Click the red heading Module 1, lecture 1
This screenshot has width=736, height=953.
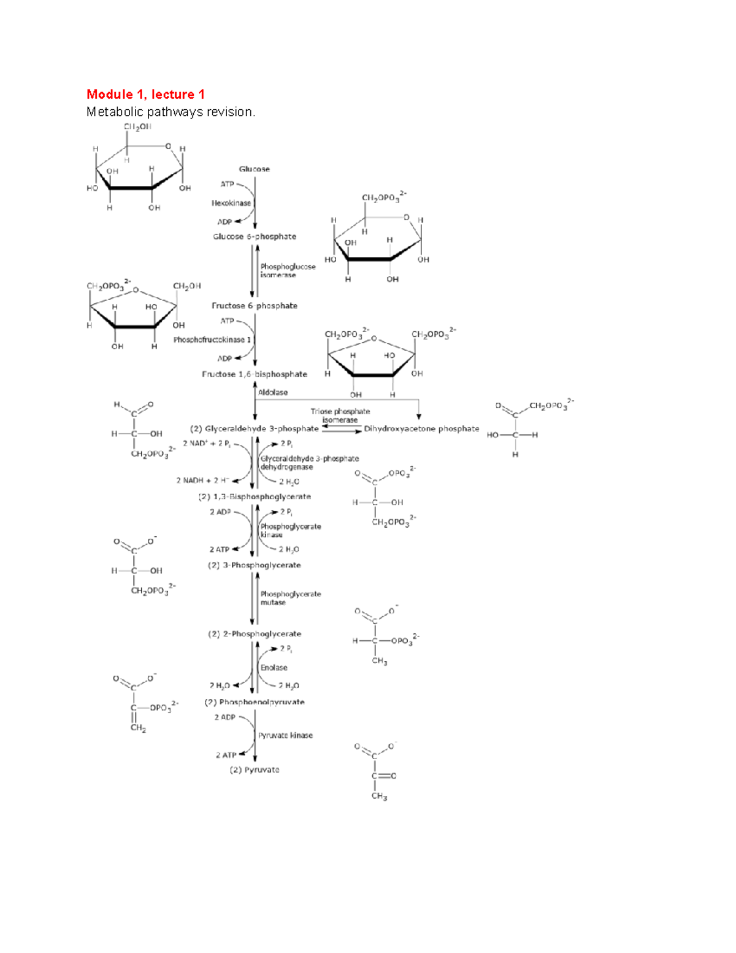tap(145, 95)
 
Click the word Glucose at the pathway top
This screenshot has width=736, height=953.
tap(254, 169)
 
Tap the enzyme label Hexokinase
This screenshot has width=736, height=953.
tap(231, 203)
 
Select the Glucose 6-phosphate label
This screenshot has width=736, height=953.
tap(255, 237)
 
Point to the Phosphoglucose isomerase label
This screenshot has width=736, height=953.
tap(288, 271)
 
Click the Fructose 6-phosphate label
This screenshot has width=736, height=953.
tap(255, 306)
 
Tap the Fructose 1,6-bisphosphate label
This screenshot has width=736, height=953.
tap(255, 374)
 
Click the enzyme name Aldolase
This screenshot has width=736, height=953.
tap(273, 393)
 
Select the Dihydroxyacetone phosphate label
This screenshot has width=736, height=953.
tap(421, 429)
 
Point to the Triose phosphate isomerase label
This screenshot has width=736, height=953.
tap(340, 416)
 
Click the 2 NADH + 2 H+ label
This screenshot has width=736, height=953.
tap(203, 481)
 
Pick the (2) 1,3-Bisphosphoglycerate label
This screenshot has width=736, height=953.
tap(255, 497)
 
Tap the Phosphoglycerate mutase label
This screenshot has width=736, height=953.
tap(290, 598)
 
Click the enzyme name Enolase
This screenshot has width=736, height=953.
tap(274, 668)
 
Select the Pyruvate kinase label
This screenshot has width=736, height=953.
tap(285, 735)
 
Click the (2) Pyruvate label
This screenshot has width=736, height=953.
tap(255, 770)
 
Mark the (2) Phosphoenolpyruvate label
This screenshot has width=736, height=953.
tap(255, 702)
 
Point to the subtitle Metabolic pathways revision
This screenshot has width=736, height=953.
tap(171, 112)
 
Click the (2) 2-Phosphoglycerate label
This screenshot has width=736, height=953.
tap(255, 634)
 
